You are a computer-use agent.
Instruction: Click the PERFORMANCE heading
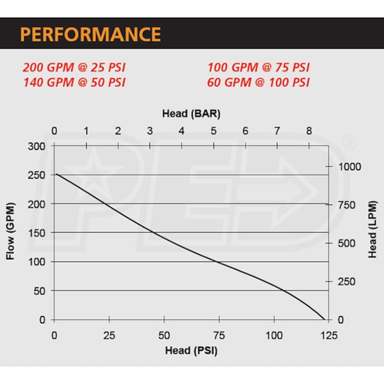pyautogui.click(x=90, y=33)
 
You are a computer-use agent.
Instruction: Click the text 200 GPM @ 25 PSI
pyautogui.click(x=73, y=67)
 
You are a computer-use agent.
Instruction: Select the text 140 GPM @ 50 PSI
pyautogui.click(x=73, y=82)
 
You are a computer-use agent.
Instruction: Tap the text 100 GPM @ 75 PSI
pyautogui.click(x=259, y=67)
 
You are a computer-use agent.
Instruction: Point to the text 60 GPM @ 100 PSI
pyautogui.click(x=259, y=82)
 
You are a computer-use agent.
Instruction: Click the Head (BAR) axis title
pyautogui.click(x=191, y=114)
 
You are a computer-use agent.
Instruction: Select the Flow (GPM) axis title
pyautogui.click(x=10, y=232)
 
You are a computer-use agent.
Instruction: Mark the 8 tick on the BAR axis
pyautogui.click(x=308, y=131)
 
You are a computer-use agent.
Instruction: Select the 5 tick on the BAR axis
pyautogui.click(x=213, y=131)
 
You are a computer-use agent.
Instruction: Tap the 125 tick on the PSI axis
pyautogui.click(x=329, y=335)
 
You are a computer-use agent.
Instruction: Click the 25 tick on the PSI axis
pyautogui.click(x=109, y=335)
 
